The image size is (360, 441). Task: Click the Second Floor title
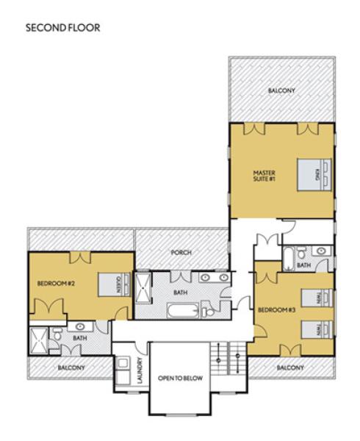pos(63,28)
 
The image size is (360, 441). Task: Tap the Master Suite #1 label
pos(264,176)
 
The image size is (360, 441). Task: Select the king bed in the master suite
pos(314,175)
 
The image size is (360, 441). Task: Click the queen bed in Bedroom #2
pos(115,284)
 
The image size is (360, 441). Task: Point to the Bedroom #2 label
pos(57,283)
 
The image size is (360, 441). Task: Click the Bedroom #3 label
pos(277,310)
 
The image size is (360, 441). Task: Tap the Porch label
pos(181,253)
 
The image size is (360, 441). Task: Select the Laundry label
pos(140,370)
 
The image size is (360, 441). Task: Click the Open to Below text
pos(180,379)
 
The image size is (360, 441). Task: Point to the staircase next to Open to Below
pos(228,359)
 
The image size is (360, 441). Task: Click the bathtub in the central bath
pos(183,310)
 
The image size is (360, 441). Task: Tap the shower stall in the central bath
pos(143,287)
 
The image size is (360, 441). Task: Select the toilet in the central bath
pos(207,309)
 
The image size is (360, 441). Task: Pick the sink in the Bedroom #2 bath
pos(80,326)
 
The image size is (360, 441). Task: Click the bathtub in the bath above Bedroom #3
pos(288,259)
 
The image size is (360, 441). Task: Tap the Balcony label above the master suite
pos(281,90)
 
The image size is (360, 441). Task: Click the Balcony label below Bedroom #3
pos(290,367)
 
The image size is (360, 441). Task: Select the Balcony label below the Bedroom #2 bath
pos(71,367)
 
